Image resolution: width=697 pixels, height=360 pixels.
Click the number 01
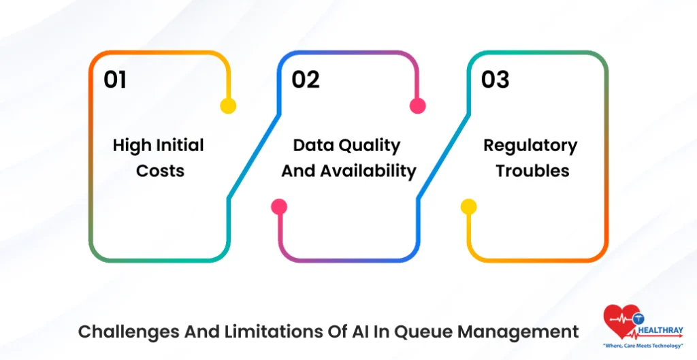point(115,80)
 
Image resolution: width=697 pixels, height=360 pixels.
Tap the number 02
point(306,80)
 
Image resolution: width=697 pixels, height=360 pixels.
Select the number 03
point(495,80)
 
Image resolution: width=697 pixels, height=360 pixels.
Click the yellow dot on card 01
point(228,105)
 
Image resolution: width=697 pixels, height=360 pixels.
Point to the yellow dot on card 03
point(468,207)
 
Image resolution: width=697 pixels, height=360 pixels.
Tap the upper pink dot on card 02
point(417,105)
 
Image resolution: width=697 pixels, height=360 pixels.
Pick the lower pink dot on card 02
point(278,207)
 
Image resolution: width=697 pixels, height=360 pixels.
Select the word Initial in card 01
point(178,145)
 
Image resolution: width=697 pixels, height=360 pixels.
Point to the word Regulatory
point(530,145)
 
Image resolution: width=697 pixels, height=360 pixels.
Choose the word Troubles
point(532,170)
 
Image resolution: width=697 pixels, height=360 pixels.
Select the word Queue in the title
point(419,331)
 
